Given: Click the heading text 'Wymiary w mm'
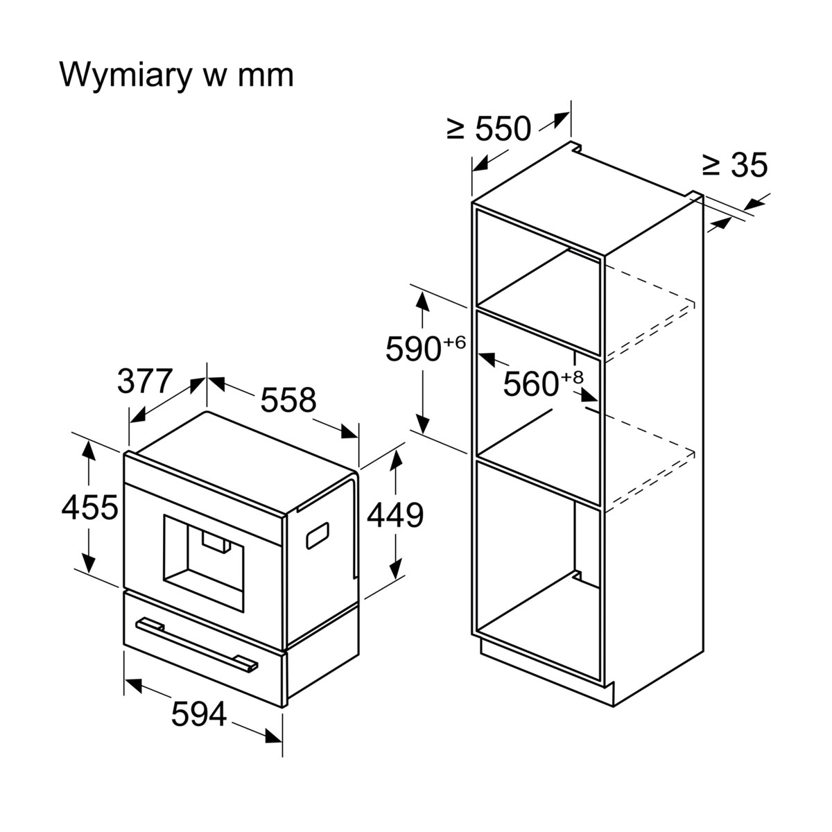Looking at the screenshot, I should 177,74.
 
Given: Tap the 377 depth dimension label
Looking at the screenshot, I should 144,381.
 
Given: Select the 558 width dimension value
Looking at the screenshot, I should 288,400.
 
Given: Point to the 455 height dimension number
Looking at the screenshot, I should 89,508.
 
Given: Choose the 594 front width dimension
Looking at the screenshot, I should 199,714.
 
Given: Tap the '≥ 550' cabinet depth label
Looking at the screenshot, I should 489,129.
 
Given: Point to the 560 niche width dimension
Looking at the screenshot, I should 530,384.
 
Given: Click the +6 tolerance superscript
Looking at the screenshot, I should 453,342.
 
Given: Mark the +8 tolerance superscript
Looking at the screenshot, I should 572,377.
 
